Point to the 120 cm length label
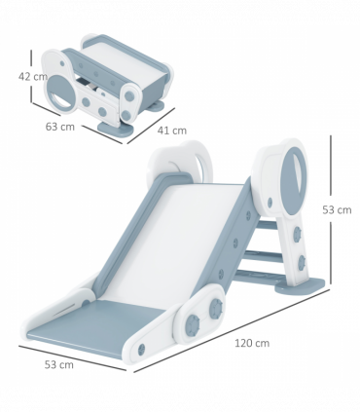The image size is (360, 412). (x=250, y=342)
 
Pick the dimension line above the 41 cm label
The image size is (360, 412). (x=155, y=112)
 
